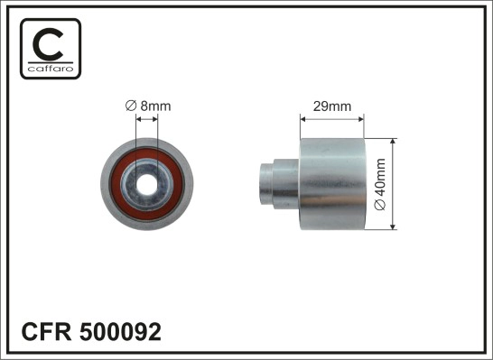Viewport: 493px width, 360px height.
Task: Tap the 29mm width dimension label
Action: (330, 106)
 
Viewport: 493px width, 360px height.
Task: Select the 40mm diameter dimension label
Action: (380, 185)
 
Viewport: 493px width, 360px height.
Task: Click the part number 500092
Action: (122, 332)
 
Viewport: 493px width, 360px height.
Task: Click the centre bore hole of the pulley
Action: (145, 186)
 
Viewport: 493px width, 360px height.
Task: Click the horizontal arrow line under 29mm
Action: (331, 116)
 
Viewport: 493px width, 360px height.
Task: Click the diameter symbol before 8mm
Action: (130, 106)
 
